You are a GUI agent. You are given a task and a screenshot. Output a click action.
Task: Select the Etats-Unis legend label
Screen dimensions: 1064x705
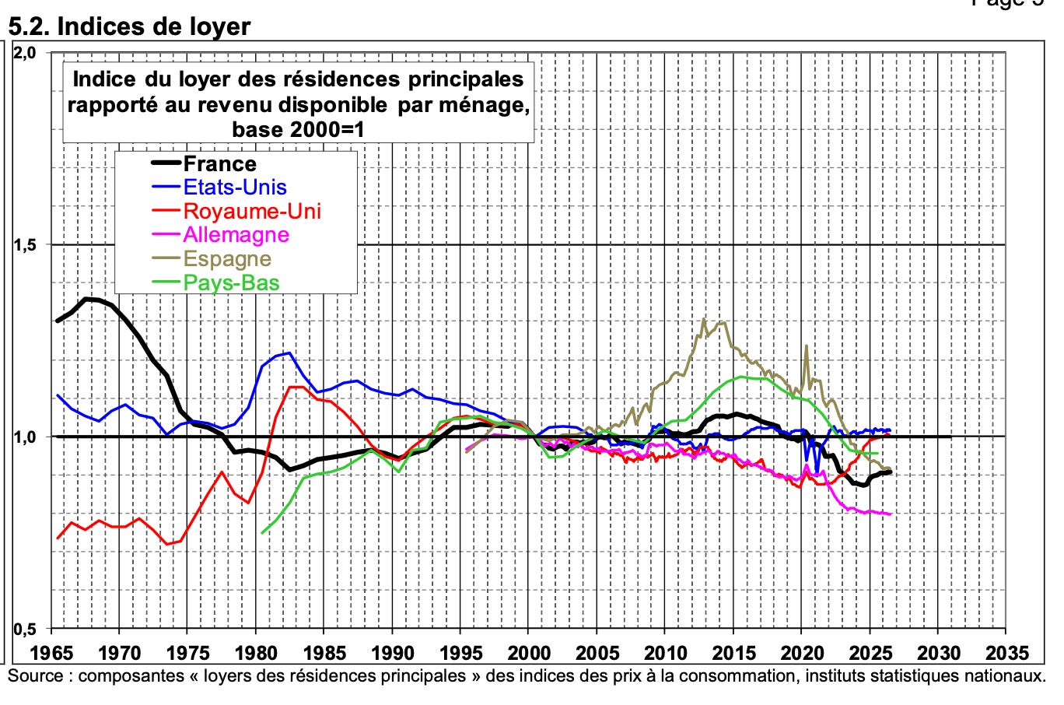tap(235, 188)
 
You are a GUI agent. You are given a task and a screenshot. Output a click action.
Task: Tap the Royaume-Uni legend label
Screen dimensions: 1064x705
tap(252, 211)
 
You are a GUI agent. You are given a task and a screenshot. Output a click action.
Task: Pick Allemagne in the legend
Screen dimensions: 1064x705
tap(236, 235)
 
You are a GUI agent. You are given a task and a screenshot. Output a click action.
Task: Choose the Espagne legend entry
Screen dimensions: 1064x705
tap(227, 259)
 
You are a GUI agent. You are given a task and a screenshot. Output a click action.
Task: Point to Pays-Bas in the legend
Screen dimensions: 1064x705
tap(231, 282)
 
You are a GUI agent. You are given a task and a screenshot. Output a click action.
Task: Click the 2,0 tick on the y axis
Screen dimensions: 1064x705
tap(25, 53)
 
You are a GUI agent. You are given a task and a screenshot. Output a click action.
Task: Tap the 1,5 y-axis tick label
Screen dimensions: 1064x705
tap(25, 245)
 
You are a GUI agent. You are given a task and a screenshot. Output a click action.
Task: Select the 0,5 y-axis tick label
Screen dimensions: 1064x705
tap(25, 629)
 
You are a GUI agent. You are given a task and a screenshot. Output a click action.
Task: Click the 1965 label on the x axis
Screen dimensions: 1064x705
tap(51, 653)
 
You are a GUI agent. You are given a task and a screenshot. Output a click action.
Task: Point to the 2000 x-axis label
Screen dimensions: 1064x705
tap(529, 653)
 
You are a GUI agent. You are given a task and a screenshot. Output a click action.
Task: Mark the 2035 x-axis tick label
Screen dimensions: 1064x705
tap(1006, 653)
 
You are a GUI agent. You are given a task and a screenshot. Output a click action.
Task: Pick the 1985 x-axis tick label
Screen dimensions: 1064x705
tap(324, 653)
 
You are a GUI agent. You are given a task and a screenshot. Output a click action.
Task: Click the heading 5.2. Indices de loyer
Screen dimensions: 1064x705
tap(129, 26)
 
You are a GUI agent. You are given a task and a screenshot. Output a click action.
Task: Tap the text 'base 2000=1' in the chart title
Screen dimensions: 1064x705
tap(299, 129)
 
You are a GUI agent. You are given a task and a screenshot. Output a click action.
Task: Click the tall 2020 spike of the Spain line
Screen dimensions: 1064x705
tap(806, 345)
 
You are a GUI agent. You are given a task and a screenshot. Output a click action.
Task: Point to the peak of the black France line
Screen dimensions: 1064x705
tap(87, 299)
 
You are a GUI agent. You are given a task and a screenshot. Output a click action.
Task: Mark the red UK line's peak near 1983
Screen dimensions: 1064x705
tap(296, 387)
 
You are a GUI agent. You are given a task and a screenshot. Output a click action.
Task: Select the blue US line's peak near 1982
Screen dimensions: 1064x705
tap(289, 352)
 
